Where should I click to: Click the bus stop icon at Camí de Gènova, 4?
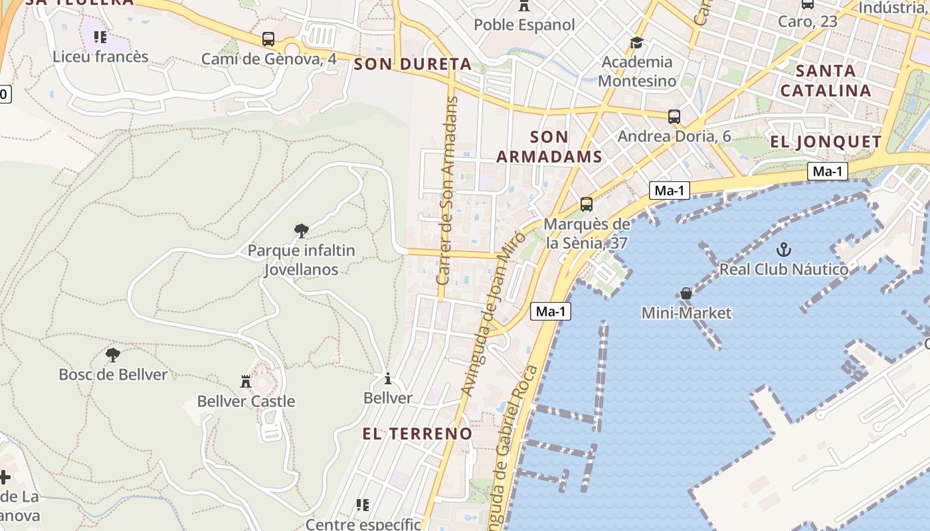(268, 39)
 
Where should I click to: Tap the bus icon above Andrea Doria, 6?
(674, 117)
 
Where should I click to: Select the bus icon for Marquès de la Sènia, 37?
(586, 204)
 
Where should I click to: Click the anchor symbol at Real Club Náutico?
(784, 250)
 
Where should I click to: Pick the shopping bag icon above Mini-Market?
(686, 293)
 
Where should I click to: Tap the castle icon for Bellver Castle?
(246, 381)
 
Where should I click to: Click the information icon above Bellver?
(388, 378)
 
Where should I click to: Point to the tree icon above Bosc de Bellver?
(113, 354)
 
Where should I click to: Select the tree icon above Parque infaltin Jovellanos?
(302, 230)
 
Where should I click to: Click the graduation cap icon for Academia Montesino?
(637, 42)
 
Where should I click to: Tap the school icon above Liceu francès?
(100, 37)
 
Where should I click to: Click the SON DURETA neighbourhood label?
(413, 64)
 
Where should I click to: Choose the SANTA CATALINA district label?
(825, 80)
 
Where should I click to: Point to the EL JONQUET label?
(825, 141)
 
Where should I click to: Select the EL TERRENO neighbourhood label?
(417, 433)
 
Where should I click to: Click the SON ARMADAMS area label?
(549, 147)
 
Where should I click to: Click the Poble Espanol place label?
(524, 25)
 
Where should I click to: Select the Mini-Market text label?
(686, 313)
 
